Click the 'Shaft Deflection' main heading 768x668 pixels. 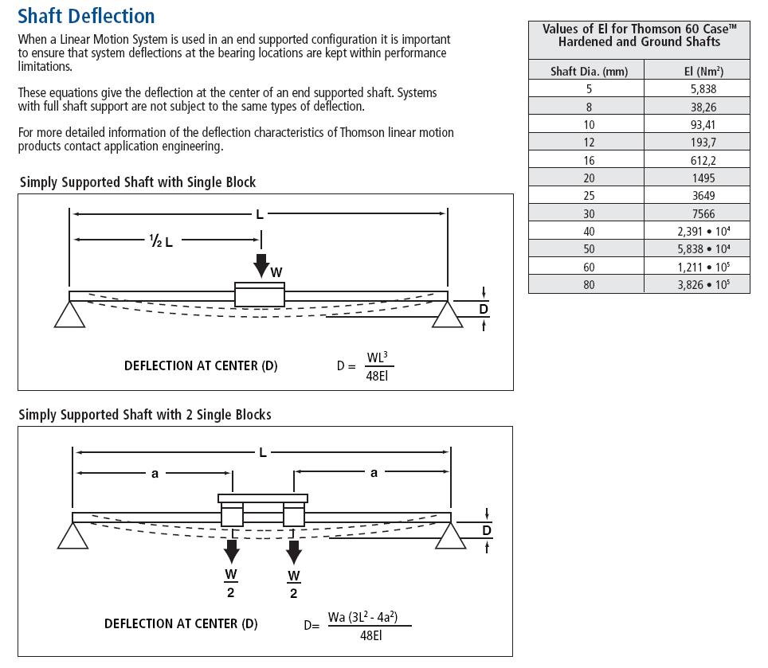click(86, 16)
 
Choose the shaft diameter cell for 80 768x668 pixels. click(589, 284)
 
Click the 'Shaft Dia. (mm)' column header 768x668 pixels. click(589, 71)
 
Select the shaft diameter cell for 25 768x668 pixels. click(589, 196)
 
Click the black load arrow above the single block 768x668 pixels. click(261, 264)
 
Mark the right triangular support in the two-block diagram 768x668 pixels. click(451, 537)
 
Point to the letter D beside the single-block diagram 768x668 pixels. click(483, 309)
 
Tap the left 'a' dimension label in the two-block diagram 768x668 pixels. click(155, 474)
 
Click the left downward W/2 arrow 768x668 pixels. click(232, 550)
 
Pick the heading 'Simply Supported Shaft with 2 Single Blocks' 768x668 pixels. click(145, 415)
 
